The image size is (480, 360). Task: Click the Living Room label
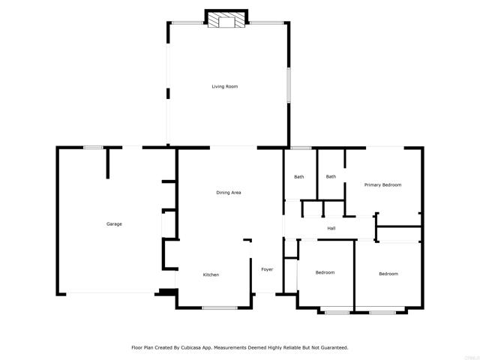tap(225, 87)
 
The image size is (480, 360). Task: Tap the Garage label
tap(114, 224)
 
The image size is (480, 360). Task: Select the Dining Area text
tap(229, 193)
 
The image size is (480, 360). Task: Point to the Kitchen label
tap(211, 275)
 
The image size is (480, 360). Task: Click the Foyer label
tap(267, 269)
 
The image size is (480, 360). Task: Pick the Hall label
tap(331, 228)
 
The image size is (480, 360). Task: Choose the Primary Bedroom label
tap(382, 185)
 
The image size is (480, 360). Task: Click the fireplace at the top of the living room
tap(226, 19)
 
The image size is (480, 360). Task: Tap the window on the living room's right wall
tap(288, 85)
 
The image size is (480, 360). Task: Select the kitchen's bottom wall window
tap(220, 307)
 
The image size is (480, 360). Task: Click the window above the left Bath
tap(301, 148)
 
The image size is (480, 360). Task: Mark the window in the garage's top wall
tap(93, 148)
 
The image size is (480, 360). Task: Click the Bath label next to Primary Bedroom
tap(331, 177)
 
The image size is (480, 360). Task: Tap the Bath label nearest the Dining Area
tap(299, 177)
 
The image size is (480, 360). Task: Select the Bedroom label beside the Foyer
tap(325, 272)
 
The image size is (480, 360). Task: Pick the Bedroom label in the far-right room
tap(388, 274)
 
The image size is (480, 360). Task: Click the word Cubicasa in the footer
tap(190, 348)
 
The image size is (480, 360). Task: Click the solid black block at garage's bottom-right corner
tap(166, 292)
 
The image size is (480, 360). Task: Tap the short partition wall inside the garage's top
tap(108, 163)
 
